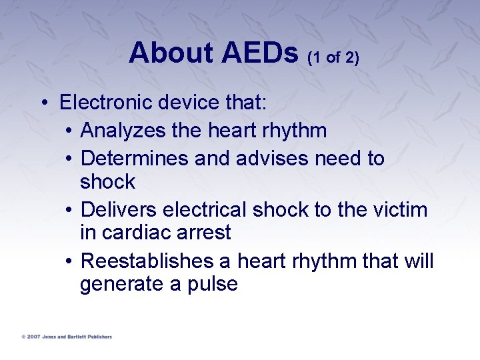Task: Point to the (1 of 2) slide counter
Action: coord(333,58)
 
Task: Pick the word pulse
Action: coord(213,285)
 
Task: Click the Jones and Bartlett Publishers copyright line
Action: coord(67,337)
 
